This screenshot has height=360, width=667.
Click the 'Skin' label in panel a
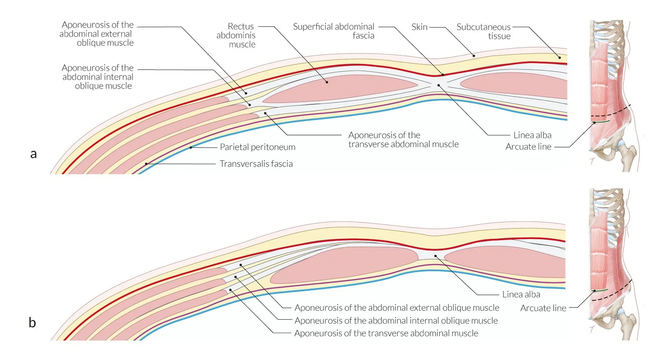pyautogui.click(x=419, y=27)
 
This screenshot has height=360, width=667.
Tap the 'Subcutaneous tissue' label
pyautogui.click(x=484, y=32)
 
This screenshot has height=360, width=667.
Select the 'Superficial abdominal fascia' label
pyautogui.click(x=333, y=31)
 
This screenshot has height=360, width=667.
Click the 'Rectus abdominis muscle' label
pyautogui.click(x=236, y=35)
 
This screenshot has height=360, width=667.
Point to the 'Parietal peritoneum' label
pyautogui.click(x=258, y=147)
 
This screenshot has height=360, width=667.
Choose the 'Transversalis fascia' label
pyautogui.click(x=256, y=164)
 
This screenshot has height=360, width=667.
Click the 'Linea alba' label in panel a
pyautogui.click(x=532, y=135)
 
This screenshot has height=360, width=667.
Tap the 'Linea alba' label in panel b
pyautogui.click(x=521, y=295)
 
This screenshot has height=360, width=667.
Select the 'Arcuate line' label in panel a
pyautogui.click(x=528, y=147)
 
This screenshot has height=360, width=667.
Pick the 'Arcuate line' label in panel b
pyautogui.click(x=543, y=308)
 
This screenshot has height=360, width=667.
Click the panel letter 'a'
pyautogui.click(x=33, y=154)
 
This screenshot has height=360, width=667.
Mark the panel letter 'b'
pyautogui.click(x=32, y=322)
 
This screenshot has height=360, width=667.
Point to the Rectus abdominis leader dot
pyautogui.click(x=327, y=82)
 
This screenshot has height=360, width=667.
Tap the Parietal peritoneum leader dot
pyautogui.click(x=191, y=147)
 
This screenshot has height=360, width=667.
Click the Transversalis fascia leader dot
pyautogui.click(x=146, y=164)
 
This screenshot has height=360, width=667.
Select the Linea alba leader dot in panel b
pyautogui.click(x=435, y=256)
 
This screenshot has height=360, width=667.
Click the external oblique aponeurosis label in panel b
pyautogui.click(x=396, y=308)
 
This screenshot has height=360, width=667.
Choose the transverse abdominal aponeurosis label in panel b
pyautogui.click(x=386, y=333)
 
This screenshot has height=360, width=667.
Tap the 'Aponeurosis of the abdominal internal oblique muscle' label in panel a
pyautogui.click(x=98, y=77)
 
